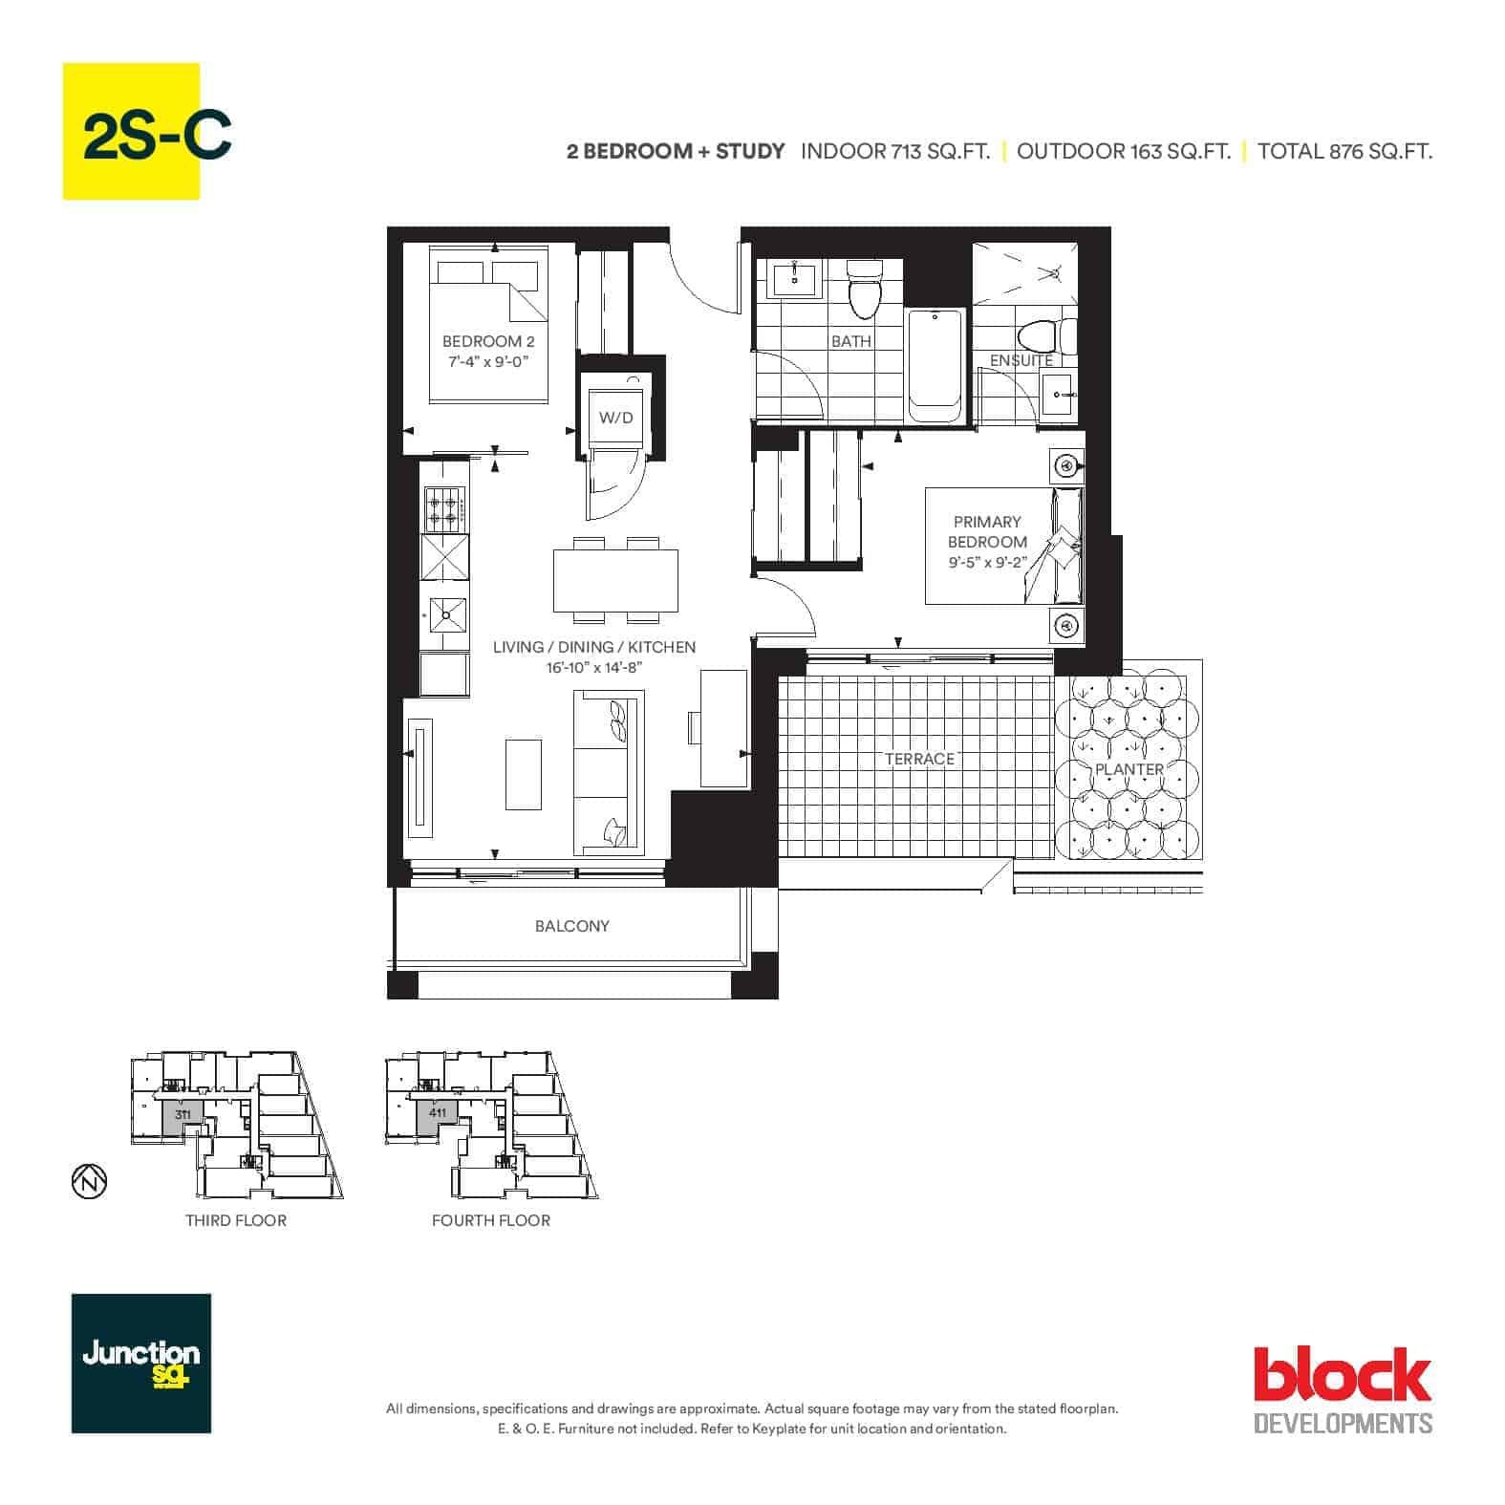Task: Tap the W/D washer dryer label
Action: tap(615, 418)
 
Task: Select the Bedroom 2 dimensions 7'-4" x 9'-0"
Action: tap(487, 361)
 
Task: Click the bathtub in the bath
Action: tap(935, 365)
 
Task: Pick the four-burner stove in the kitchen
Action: tap(444, 509)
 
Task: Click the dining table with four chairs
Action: tap(615, 579)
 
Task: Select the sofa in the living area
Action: tap(609, 772)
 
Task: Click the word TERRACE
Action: tap(919, 759)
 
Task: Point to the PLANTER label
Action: tap(1129, 769)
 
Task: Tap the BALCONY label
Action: tap(571, 926)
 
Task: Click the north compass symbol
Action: tap(89, 1181)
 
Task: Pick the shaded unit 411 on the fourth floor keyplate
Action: tap(438, 1117)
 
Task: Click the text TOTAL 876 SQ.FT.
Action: tap(1344, 151)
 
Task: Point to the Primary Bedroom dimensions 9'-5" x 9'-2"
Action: tap(987, 562)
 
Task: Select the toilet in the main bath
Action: tap(864, 290)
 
